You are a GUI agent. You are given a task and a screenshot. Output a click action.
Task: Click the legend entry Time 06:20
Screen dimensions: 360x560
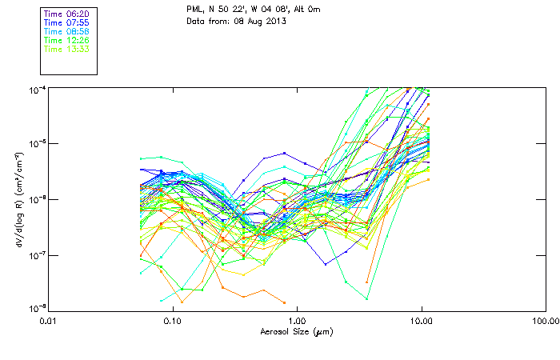point(66,14)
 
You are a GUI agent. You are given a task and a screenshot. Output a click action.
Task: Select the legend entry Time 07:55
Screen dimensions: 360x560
point(66,23)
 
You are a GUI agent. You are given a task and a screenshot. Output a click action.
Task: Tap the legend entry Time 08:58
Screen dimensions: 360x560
point(66,32)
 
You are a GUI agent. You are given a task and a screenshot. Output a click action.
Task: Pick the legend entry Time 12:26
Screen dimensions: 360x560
point(66,40)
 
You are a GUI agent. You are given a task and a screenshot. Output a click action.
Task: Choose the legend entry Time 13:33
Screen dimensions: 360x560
point(66,49)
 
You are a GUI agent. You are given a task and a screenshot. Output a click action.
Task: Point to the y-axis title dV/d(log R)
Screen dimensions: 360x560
point(18,198)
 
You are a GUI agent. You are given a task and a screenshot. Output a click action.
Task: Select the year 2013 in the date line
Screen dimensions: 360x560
point(274,21)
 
